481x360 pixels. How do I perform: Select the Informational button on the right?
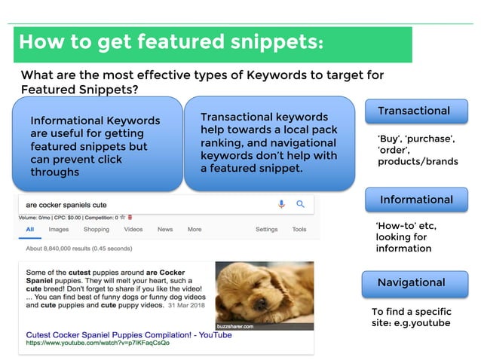[x=416, y=200]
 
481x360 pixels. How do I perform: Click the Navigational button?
[x=411, y=282]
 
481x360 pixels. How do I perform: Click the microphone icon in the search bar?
[x=281, y=204]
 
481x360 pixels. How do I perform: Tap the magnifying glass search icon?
[x=300, y=204]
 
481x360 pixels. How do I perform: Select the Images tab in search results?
[x=59, y=229]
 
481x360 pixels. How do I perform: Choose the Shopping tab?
[x=97, y=229]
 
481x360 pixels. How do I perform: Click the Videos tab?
[x=133, y=229]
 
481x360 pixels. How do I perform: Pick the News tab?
[x=165, y=229]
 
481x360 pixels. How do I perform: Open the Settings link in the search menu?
[x=266, y=229]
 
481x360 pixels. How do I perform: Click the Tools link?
[x=299, y=229]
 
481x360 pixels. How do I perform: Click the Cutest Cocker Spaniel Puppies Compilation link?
[x=129, y=334]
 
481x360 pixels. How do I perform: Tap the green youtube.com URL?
[x=98, y=343]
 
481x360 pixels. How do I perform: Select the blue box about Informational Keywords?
[x=97, y=146]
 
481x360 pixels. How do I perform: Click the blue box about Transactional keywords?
[x=269, y=142]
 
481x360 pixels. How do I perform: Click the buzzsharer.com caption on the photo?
[x=236, y=326]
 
